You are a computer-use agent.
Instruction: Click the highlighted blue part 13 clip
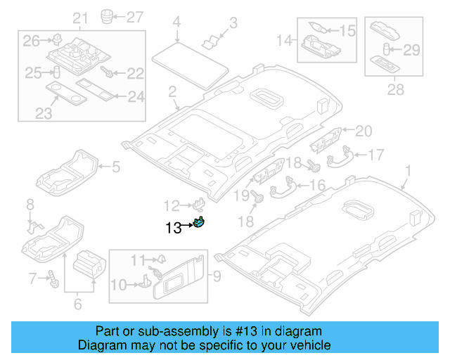(x=200, y=224)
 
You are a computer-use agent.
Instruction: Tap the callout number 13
(x=173, y=227)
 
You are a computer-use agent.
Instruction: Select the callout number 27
(x=134, y=15)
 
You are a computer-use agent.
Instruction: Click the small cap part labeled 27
(x=107, y=15)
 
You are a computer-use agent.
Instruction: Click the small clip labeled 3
(x=210, y=41)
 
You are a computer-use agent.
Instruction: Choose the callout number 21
(x=80, y=18)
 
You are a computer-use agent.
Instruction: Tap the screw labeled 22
(x=108, y=72)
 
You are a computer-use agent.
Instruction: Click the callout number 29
(x=411, y=49)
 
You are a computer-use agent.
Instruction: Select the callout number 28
(x=396, y=89)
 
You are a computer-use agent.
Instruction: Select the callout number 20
(x=363, y=130)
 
